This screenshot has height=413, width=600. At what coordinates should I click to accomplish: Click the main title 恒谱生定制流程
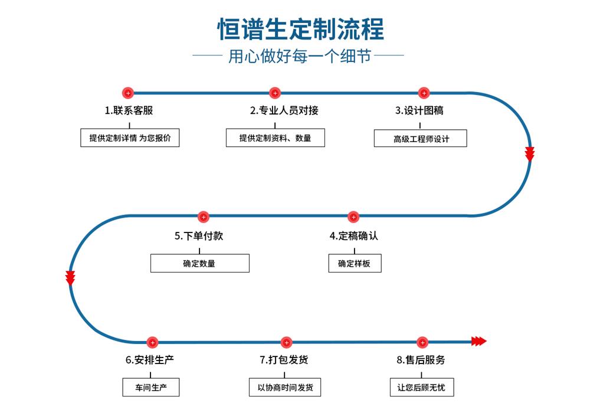[x=300, y=29]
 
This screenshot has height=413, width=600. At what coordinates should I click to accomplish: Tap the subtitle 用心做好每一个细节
[x=299, y=57]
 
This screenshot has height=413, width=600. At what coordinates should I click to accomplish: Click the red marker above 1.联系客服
[x=128, y=93]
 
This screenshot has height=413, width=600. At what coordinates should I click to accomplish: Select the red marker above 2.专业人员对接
[x=274, y=93]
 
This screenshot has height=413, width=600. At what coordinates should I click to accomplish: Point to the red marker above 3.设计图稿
[x=424, y=93]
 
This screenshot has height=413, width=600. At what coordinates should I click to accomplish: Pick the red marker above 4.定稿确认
[x=353, y=217]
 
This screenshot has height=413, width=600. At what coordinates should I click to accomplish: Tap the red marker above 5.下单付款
[x=203, y=217]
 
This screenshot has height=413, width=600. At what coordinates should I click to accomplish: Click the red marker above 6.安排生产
[x=152, y=342]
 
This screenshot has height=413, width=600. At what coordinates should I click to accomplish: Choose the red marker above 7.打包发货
[x=286, y=342]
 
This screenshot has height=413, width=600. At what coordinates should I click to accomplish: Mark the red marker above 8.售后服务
[x=422, y=342]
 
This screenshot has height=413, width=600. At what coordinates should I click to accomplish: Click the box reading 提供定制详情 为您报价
[x=130, y=138]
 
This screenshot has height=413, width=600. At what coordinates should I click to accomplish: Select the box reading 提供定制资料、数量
[x=275, y=138]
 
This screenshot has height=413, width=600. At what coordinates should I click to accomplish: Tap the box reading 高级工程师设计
[x=421, y=139]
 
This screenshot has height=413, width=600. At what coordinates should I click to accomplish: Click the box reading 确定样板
[x=355, y=263]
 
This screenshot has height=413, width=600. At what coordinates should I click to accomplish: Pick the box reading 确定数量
[x=199, y=263]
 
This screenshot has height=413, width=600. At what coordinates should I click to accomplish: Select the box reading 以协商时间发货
[x=286, y=388]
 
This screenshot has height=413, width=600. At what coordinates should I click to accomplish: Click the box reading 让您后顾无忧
[x=422, y=388]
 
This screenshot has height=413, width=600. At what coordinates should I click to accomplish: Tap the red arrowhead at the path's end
[x=478, y=341]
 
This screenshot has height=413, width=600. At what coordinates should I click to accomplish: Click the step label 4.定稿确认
[x=353, y=236]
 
